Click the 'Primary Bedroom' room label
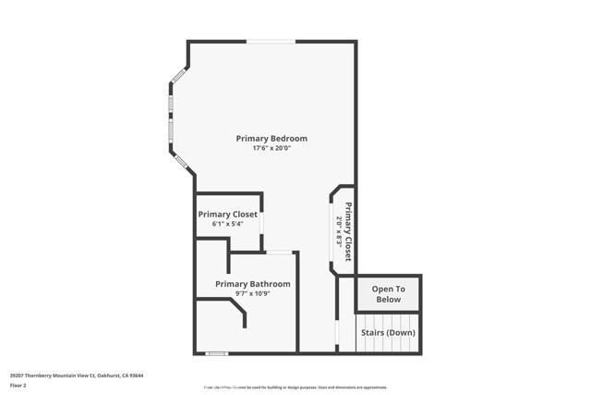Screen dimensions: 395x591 (x=271, y=139)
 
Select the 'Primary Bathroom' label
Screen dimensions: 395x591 (x=253, y=284)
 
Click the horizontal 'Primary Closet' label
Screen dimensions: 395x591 (x=228, y=214)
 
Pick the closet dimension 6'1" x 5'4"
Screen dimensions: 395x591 (x=227, y=224)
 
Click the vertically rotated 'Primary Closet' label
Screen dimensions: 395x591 (x=348, y=231)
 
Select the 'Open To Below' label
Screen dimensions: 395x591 (x=388, y=294)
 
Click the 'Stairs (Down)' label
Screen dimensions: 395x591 (x=388, y=332)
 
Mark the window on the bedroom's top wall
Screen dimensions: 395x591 (x=271, y=42)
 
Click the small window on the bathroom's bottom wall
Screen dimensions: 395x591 (x=216, y=352)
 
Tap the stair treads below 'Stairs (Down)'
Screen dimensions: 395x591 (x=388, y=345)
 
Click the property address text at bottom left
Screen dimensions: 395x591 (x=78, y=376)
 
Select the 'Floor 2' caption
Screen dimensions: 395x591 (x=18, y=385)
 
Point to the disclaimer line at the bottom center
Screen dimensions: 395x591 (x=295, y=388)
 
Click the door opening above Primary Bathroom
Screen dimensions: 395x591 (x=279, y=252)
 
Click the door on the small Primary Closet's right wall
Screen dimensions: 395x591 (x=262, y=223)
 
